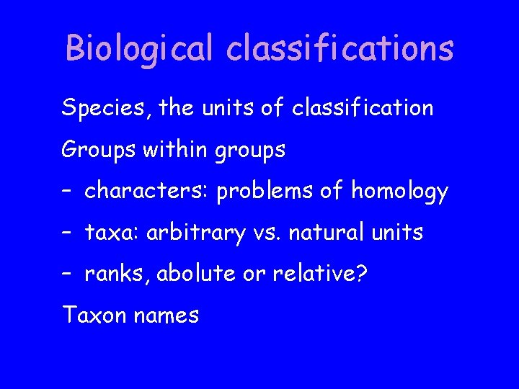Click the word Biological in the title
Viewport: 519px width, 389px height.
coord(139,49)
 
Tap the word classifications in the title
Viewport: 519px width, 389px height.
coord(340,49)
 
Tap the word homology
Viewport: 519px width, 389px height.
coord(399,193)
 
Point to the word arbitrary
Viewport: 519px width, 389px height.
coord(185,234)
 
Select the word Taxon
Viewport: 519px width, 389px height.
coord(91,316)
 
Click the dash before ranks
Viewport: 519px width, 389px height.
coord(66,275)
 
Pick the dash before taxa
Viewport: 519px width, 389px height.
coord(66,234)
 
